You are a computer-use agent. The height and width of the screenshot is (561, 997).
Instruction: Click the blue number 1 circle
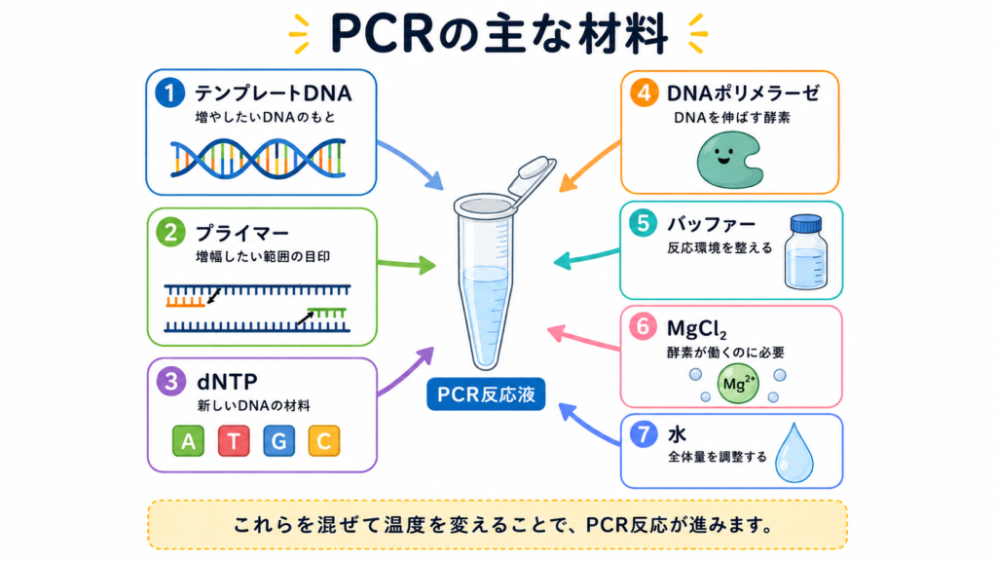(169, 93)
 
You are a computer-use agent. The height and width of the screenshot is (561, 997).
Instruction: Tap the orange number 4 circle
(645, 93)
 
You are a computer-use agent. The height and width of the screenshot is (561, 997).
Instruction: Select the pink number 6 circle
(643, 326)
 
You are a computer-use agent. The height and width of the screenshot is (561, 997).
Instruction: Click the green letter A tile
(188, 441)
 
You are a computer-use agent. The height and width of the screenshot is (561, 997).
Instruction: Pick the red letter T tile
(234, 441)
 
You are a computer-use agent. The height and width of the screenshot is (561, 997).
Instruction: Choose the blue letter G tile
(278, 441)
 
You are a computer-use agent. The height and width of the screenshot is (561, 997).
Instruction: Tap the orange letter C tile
(323, 441)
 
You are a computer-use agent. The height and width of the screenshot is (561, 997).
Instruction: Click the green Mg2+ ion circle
(738, 384)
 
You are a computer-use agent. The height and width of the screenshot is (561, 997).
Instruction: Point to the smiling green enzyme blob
(729, 160)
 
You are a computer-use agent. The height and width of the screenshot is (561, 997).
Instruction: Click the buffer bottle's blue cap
(805, 223)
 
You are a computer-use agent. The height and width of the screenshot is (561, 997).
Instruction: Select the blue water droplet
(794, 453)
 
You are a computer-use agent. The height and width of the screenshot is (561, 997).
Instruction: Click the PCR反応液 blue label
(486, 394)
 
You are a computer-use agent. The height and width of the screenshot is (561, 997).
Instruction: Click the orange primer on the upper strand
(185, 302)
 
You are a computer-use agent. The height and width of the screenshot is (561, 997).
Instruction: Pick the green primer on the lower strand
(327, 313)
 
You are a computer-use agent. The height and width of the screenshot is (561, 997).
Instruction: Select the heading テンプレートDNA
(273, 93)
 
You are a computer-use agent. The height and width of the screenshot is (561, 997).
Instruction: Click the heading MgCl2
(696, 329)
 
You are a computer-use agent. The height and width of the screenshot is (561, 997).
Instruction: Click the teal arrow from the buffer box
(586, 257)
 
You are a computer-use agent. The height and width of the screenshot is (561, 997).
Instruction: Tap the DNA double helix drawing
(258, 159)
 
